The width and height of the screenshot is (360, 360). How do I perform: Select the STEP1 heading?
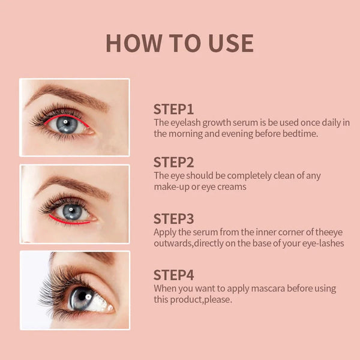click(173, 109)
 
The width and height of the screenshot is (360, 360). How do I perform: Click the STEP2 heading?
click(173, 162)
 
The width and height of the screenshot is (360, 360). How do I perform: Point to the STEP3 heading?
click(173, 218)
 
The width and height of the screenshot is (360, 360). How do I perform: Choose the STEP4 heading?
click(173, 275)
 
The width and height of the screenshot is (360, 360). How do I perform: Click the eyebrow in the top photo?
click(66, 94)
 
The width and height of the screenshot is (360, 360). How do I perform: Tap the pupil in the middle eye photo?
click(72, 211)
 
